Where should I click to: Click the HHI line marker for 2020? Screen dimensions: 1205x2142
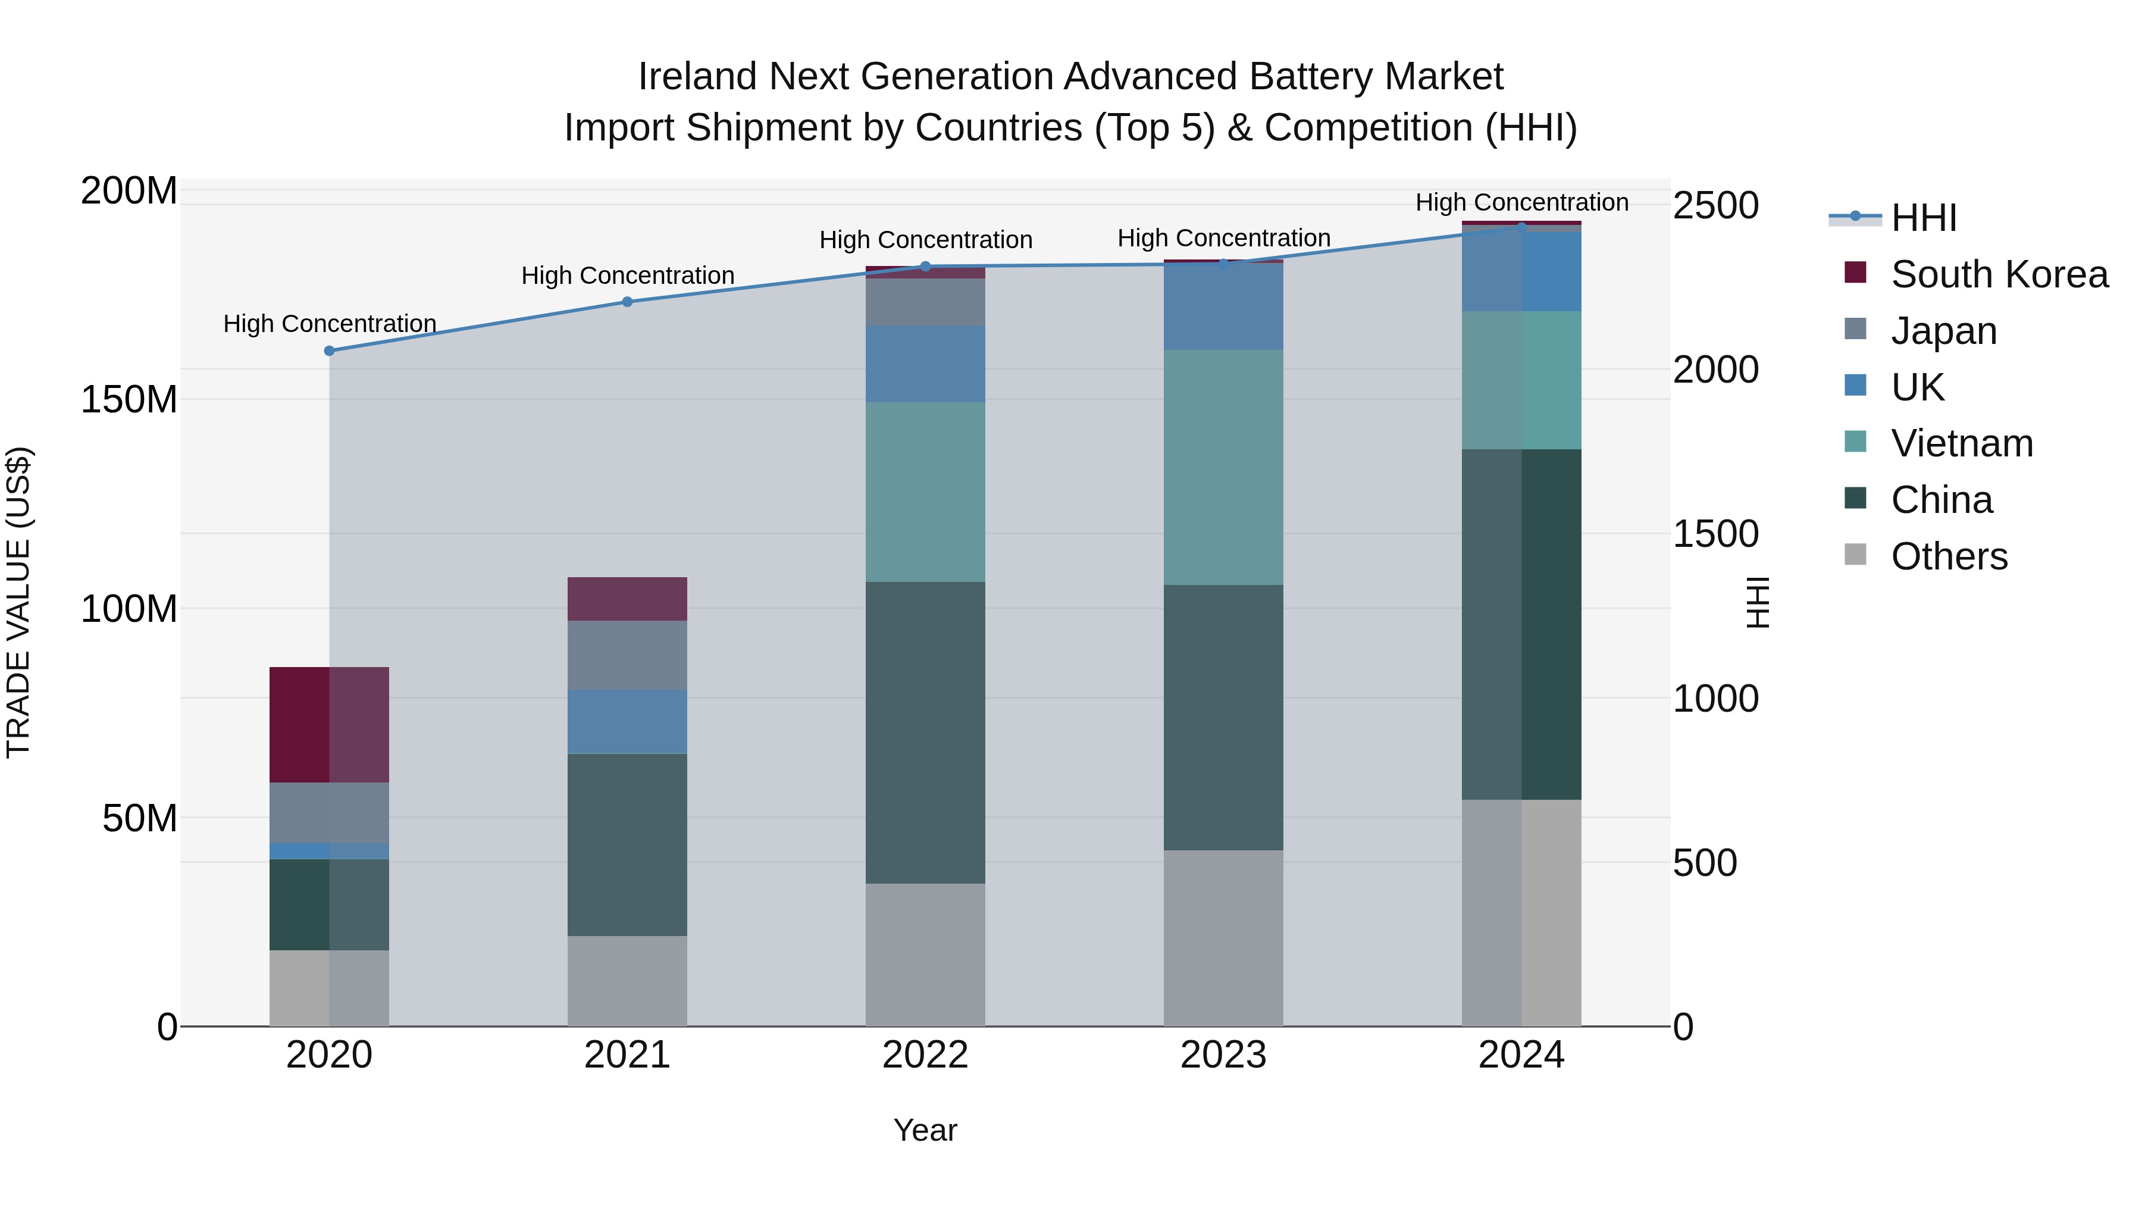click(x=329, y=351)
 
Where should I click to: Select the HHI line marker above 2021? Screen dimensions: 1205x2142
click(x=628, y=302)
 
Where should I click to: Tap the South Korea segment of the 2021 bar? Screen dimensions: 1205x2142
click(x=628, y=599)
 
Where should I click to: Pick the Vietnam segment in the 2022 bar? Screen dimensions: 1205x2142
click(x=925, y=492)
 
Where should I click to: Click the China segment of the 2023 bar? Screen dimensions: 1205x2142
click(x=1223, y=717)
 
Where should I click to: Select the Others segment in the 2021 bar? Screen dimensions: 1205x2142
click(x=628, y=981)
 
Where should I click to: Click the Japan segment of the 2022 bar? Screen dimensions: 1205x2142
click(x=925, y=302)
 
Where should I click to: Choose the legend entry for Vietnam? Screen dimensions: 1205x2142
click(x=1961, y=443)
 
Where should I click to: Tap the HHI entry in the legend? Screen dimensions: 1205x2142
click(x=1922, y=218)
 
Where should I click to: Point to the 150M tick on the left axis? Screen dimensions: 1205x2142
click(x=129, y=399)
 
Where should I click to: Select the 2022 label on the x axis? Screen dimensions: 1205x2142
click(x=925, y=1055)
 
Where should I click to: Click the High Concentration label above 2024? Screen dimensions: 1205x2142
click(x=1521, y=202)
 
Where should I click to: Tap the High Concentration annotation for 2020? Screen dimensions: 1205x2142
click(x=329, y=324)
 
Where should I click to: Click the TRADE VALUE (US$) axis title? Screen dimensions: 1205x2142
click(x=18, y=602)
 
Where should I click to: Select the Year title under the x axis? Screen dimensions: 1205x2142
click(x=925, y=1130)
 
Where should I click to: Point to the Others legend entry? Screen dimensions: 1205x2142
click(x=1948, y=556)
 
